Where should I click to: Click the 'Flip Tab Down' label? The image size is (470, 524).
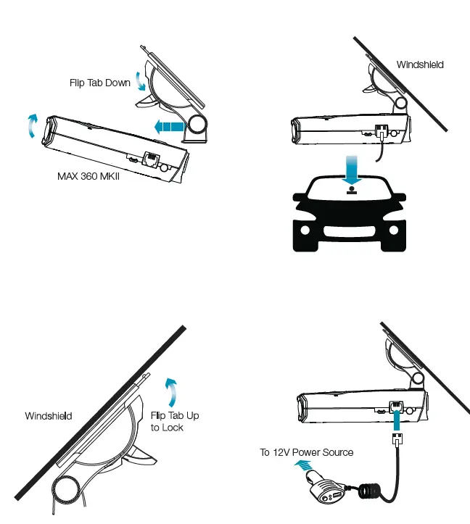(99, 83)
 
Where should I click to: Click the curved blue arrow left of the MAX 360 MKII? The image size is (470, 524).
(30, 125)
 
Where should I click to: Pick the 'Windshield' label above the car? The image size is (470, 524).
(420, 65)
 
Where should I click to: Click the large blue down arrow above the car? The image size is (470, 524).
(350, 170)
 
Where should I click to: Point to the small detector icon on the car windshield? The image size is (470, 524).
(351, 192)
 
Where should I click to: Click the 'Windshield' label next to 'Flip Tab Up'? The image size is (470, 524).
(49, 416)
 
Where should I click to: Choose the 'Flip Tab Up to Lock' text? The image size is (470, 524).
(174, 421)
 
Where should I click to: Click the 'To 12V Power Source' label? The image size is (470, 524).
(307, 452)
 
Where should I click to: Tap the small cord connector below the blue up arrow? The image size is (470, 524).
(398, 439)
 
